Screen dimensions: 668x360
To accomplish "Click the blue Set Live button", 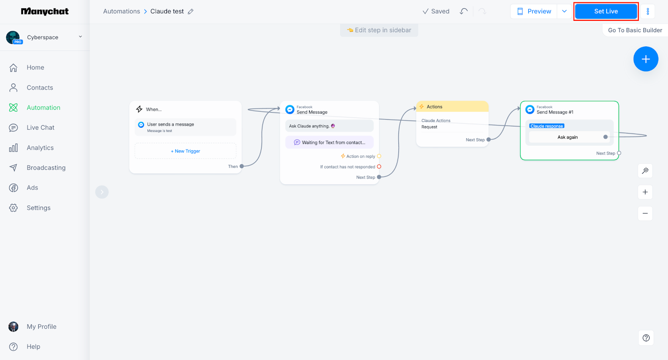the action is pyautogui.click(x=606, y=11).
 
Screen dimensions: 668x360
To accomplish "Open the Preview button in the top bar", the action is pyautogui.click(x=534, y=11).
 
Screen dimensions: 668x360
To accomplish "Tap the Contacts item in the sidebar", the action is pyautogui.click(x=40, y=87).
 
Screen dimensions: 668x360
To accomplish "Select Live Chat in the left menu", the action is pyautogui.click(x=40, y=128).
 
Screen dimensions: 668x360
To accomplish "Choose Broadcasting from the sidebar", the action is pyautogui.click(x=46, y=167).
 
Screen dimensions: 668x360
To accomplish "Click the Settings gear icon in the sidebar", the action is pyautogui.click(x=13, y=208).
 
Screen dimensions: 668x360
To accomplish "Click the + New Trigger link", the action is pyautogui.click(x=185, y=151).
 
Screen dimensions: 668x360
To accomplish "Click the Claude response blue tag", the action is pyautogui.click(x=547, y=126).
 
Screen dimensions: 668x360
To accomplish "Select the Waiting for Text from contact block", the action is pyautogui.click(x=329, y=142).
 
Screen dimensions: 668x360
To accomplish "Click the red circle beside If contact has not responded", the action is pyautogui.click(x=379, y=167).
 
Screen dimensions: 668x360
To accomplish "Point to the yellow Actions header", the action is pyautogui.click(x=452, y=106).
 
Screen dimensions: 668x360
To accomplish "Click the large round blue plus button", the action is pyautogui.click(x=645, y=59).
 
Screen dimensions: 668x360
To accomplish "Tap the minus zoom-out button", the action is pyautogui.click(x=645, y=213).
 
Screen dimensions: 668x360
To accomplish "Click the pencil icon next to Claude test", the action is pyautogui.click(x=190, y=12).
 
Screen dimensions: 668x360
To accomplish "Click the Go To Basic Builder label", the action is pyautogui.click(x=635, y=30).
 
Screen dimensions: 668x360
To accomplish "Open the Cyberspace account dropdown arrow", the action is pyautogui.click(x=80, y=37).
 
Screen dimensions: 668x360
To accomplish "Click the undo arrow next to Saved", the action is pyautogui.click(x=464, y=11).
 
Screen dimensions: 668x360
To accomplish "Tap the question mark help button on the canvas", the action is pyautogui.click(x=646, y=338).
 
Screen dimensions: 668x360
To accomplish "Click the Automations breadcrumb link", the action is pyautogui.click(x=121, y=11).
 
